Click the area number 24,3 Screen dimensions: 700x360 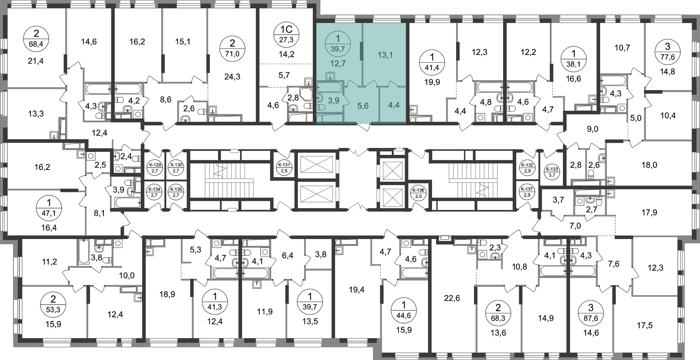(232, 77)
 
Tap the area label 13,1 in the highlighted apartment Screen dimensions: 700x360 (385, 55)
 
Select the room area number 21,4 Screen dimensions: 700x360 (36, 61)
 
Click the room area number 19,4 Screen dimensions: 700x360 (356, 290)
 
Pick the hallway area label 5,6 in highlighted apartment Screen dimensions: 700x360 (363, 106)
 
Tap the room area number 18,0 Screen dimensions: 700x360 (649, 165)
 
